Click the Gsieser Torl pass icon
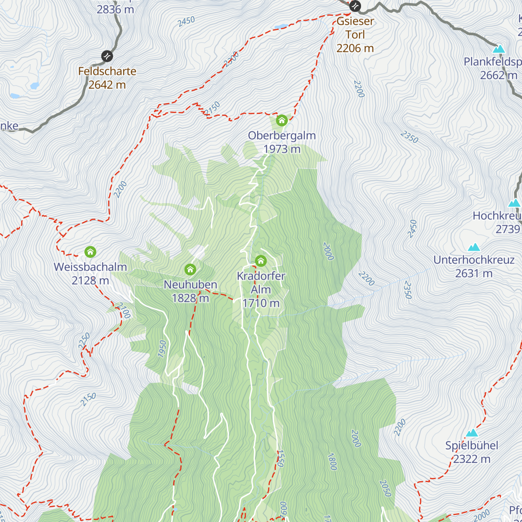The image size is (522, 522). click(x=355, y=6)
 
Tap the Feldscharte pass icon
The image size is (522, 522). click(x=107, y=56)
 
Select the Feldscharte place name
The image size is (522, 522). click(x=107, y=71)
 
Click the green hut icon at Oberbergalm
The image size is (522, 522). click(x=281, y=120)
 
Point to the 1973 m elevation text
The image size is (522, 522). click(x=282, y=149)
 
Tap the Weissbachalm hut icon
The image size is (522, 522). click(x=90, y=252)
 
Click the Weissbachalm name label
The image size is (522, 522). click(x=90, y=267)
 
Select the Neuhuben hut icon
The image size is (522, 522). click(x=190, y=270)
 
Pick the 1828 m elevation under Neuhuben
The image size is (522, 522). click(x=191, y=298)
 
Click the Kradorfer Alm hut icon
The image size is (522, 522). click(x=261, y=261)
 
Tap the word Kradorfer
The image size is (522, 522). click(x=261, y=276)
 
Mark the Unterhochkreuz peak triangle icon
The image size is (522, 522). click(x=474, y=247)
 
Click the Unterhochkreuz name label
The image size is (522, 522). click(x=474, y=260)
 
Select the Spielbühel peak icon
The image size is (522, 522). click(x=472, y=433)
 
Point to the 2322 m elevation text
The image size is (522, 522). click(x=472, y=459)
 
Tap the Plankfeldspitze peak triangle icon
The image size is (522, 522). click(x=499, y=49)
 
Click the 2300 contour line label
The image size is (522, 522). click(x=231, y=60)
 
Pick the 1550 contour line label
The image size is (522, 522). click(x=280, y=458)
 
